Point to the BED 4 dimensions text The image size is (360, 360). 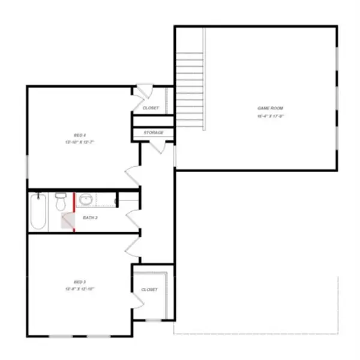tap(72, 143)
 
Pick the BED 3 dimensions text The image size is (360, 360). tap(72, 289)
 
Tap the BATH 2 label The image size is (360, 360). tap(90, 217)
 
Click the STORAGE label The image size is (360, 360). tap(154, 133)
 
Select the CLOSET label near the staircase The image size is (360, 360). tap(151, 108)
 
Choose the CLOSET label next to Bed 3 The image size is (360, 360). tap(149, 289)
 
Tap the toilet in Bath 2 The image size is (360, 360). tap(61, 202)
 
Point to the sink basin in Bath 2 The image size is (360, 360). tap(85, 199)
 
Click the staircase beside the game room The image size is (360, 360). tap(190, 90)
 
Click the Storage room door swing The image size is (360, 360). tap(146, 148)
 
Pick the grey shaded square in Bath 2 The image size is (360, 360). tap(67, 222)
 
